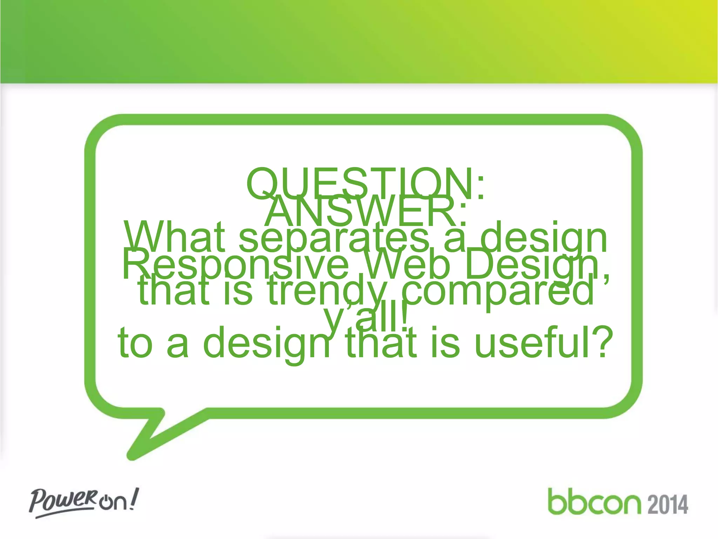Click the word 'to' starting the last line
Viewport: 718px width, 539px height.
coord(135,343)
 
